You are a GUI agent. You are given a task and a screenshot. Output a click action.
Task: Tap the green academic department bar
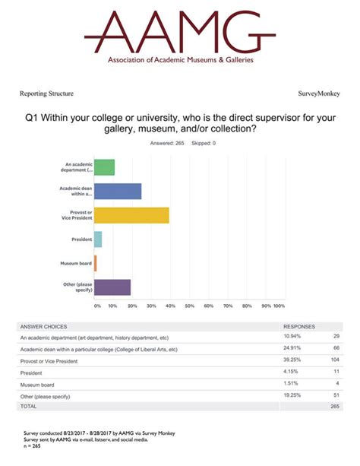[104, 167]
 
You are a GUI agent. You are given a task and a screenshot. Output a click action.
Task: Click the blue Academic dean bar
[118, 191]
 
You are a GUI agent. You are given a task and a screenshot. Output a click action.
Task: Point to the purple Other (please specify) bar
[112, 287]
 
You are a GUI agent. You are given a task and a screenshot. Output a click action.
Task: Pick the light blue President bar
[98, 239]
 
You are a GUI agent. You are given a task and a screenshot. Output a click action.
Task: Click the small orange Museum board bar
[96, 263]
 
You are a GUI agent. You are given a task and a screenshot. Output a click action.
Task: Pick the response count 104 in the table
[336, 360]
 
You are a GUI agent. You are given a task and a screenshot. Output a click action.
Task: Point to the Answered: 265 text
[167, 143]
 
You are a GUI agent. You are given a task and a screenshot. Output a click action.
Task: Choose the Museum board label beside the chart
[77, 263]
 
